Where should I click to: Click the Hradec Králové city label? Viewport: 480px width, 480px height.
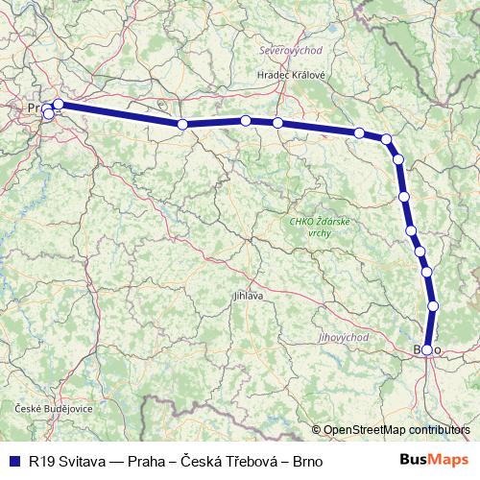(x=291, y=75)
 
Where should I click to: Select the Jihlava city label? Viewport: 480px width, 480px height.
(x=248, y=297)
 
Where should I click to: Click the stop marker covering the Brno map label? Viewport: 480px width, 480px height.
(x=427, y=350)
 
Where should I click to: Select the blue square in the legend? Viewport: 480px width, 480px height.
(x=14, y=459)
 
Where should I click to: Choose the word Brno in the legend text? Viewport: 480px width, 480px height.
(x=294, y=459)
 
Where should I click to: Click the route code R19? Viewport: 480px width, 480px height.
(x=40, y=459)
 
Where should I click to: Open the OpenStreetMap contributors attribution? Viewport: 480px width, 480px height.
(x=396, y=429)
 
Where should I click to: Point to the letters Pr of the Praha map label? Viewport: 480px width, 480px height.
(x=36, y=108)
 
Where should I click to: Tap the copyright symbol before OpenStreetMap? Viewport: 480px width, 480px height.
(x=317, y=429)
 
